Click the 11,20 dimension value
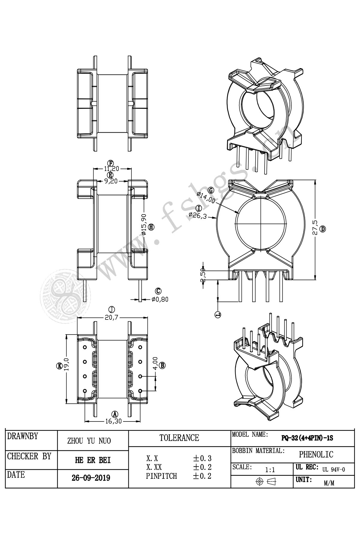111,169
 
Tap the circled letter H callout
151,227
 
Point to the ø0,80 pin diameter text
160,299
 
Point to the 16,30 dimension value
113,421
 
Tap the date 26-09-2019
91,478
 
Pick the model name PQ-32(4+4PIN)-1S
307,438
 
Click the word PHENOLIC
316,454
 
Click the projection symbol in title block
265,482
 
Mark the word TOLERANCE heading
179,438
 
